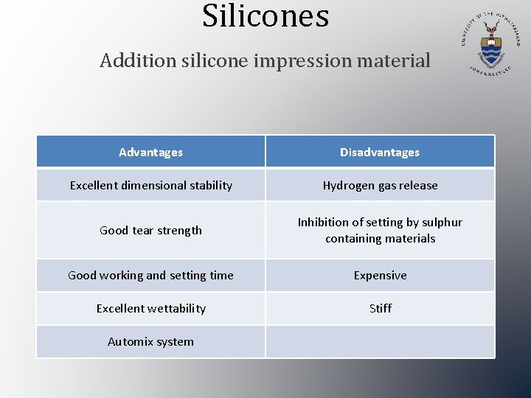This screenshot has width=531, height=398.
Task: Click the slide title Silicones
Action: (x=265, y=16)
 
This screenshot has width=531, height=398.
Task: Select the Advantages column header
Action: (x=150, y=153)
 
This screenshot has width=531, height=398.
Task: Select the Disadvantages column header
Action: (x=380, y=153)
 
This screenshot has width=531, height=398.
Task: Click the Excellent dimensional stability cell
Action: (x=150, y=186)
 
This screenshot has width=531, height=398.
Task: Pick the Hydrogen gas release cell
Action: (x=380, y=186)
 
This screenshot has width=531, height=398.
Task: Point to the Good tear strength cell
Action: (x=150, y=231)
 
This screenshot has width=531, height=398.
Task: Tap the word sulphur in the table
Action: (x=442, y=223)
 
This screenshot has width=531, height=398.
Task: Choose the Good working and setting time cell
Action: (x=150, y=276)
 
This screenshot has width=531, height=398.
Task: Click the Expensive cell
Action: (x=380, y=276)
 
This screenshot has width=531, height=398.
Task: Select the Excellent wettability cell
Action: (x=150, y=309)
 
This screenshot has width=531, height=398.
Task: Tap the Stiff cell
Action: (x=380, y=309)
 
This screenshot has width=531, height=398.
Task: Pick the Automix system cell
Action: (x=150, y=342)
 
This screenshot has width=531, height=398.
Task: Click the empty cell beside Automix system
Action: (x=380, y=342)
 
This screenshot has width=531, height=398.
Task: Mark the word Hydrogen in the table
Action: (x=347, y=186)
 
